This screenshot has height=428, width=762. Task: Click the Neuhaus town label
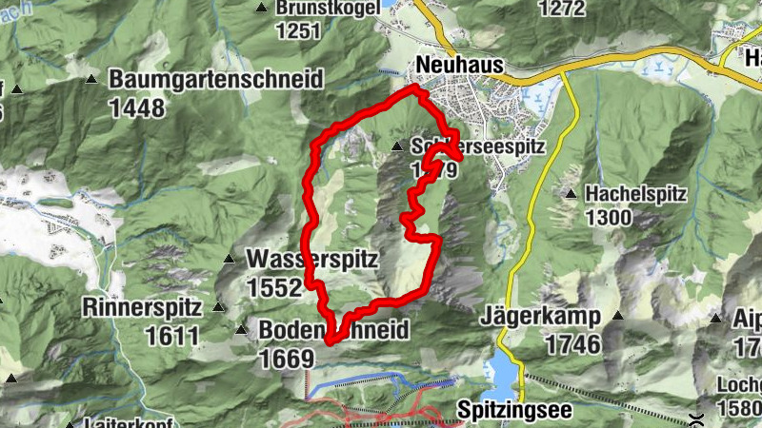[458, 65]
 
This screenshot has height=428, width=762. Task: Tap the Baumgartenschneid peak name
[215, 80]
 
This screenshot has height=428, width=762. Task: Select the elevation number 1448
[137, 107]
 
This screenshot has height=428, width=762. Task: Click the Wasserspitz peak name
[312, 259]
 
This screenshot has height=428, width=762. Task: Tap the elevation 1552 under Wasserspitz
[273, 286]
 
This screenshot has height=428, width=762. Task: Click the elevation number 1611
[172, 336]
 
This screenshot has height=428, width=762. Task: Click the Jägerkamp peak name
[539, 316]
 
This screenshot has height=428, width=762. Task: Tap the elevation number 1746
[573, 343]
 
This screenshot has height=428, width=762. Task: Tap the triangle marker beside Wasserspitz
[229, 259]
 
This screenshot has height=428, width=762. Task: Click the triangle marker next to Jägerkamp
[616, 316]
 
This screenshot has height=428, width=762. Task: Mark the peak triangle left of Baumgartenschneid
[91, 79]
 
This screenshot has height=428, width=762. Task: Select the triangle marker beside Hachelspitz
[570, 194]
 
